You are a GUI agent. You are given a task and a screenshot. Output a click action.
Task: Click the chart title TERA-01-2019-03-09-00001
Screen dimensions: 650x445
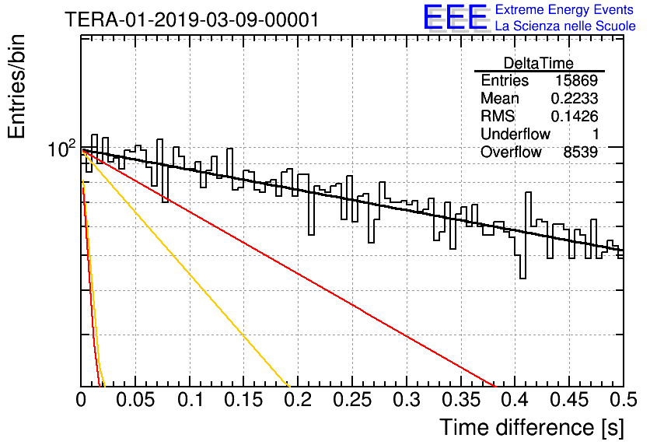192,19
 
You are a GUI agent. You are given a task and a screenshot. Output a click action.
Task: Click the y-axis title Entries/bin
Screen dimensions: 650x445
16,87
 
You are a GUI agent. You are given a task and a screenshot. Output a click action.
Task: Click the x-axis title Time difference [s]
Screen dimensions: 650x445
532,427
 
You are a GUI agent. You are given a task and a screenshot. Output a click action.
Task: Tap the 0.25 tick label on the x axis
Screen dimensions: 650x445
352,400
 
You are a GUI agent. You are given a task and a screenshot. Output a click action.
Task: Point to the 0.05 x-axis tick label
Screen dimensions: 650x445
135,400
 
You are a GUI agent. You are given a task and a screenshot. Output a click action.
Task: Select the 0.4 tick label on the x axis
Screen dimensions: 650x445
515,400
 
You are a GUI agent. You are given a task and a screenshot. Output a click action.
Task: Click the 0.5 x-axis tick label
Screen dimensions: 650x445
623,400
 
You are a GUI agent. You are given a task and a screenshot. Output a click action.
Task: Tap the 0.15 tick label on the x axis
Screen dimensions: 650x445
243,400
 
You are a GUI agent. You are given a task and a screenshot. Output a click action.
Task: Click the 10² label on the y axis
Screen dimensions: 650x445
61,149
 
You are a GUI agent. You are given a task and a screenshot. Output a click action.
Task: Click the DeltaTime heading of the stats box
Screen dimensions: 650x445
539,63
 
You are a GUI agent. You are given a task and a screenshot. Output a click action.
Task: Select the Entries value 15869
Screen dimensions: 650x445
576,80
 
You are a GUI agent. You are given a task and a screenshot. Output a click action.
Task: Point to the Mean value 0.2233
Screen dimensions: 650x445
574,99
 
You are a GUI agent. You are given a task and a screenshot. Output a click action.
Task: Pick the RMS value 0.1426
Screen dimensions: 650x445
574,117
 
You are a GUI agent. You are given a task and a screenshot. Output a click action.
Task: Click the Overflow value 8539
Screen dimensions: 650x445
580,152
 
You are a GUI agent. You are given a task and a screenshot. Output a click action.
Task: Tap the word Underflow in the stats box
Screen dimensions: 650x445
515,134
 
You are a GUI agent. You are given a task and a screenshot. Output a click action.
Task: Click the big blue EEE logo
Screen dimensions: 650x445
455,17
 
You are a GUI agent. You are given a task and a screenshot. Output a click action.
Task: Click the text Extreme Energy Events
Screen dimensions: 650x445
564,9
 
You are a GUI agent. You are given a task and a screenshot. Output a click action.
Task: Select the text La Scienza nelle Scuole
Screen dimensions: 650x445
565,26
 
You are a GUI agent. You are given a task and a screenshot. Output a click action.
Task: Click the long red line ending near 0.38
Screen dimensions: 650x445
288,268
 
